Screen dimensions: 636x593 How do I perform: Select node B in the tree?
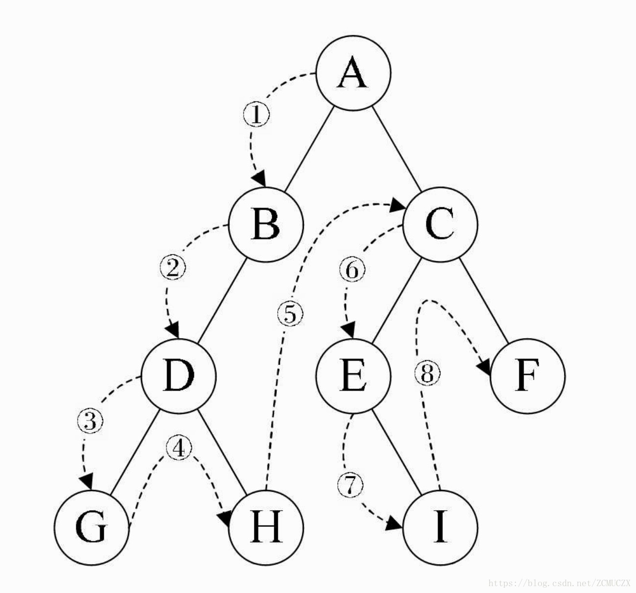(x=267, y=224)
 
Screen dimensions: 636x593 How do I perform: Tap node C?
(x=440, y=224)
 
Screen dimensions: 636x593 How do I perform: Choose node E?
(x=353, y=376)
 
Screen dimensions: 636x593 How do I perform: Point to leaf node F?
(x=528, y=376)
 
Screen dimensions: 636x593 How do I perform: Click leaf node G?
(x=92, y=528)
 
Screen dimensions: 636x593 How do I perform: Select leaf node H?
(x=267, y=528)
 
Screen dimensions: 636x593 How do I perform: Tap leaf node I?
(x=440, y=528)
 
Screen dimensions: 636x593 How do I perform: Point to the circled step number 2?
(x=173, y=268)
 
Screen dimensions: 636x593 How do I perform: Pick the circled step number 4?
(x=179, y=447)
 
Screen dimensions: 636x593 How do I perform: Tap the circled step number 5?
(x=290, y=314)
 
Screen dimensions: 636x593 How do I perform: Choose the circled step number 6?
(x=352, y=271)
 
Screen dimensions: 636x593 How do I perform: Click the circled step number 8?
(x=427, y=375)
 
